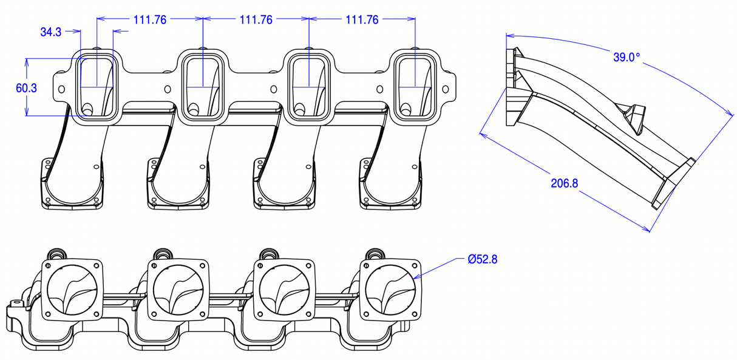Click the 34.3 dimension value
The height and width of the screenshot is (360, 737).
(50, 33)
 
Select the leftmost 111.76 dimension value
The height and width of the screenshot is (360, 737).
(149, 19)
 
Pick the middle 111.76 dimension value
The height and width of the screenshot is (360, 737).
(256, 19)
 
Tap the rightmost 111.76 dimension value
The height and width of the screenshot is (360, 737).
(362, 19)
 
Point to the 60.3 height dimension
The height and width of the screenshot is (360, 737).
(26, 88)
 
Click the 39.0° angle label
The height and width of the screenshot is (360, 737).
(627, 58)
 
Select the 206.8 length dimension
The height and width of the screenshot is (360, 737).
(565, 183)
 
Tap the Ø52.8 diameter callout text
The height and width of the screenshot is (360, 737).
(483, 259)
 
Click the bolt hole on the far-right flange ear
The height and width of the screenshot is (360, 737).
(447, 89)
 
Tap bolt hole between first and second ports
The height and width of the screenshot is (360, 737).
(166, 89)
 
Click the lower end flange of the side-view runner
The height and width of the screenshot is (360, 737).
(674, 182)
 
